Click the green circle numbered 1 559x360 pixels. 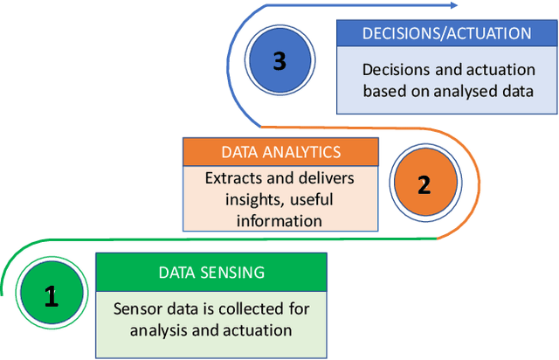(x=51, y=298)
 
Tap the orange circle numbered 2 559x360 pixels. (x=424, y=186)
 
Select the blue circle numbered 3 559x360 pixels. (x=279, y=61)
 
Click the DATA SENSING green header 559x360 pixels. (x=210, y=273)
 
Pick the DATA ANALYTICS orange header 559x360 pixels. (x=280, y=152)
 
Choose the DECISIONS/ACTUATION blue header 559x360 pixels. (x=447, y=33)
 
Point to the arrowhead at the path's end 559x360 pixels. (x=452, y=6)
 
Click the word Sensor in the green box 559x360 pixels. (x=137, y=309)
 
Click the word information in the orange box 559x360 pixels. (x=280, y=220)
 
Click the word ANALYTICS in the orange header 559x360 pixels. (x=300, y=152)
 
